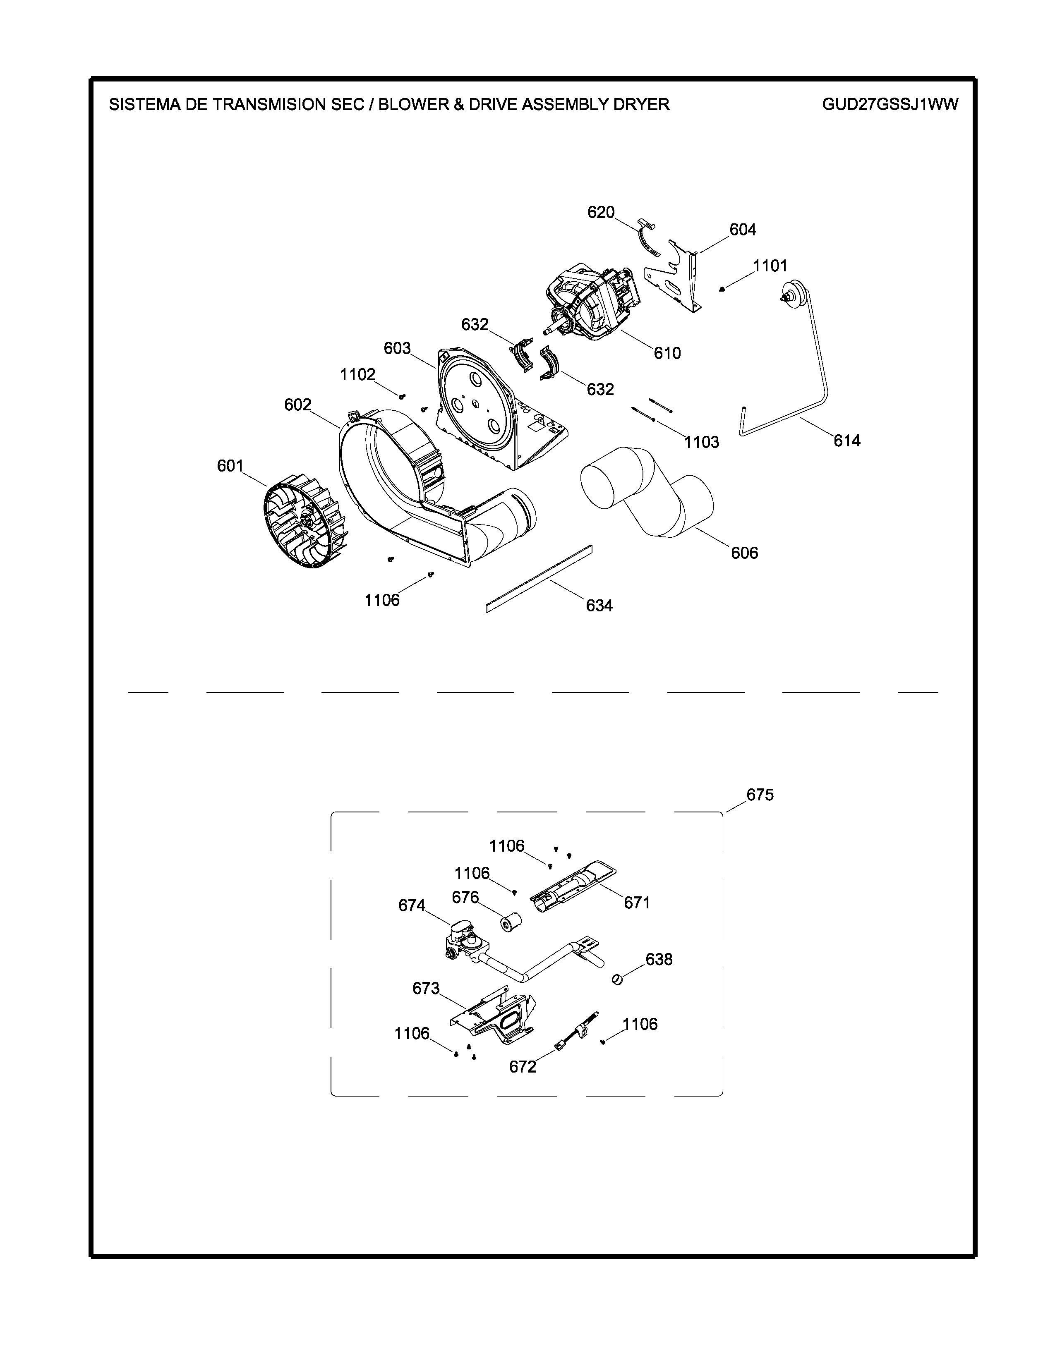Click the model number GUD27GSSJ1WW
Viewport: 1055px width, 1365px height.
pos(890,104)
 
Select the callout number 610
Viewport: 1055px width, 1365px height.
pos(667,353)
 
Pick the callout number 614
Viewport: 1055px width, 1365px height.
pos(847,441)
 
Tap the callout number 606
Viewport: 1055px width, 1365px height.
pos(744,553)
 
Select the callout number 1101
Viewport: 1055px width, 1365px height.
pos(770,266)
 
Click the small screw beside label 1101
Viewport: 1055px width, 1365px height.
pos(722,289)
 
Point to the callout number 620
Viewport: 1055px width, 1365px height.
pos(601,213)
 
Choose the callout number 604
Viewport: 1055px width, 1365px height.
pos(743,230)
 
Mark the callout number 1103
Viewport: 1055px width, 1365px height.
pos(701,443)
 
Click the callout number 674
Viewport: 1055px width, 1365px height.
pos(412,905)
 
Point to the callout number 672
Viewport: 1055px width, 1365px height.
pos(523,1067)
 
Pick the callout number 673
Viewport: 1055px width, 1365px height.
pos(426,988)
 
